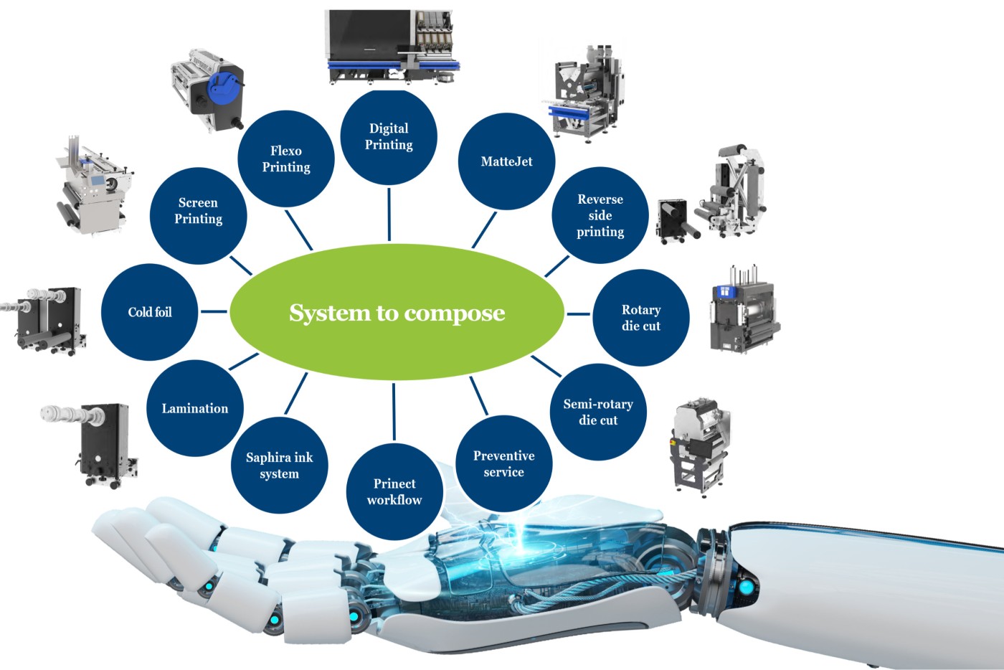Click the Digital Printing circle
(389, 137)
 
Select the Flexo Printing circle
(286, 159)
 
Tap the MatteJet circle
(506, 161)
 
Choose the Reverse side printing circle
(600, 215)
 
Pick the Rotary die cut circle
(641, 318)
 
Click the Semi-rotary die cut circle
(598, 412)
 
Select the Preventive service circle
(503, 463)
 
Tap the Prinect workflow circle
(394, 491)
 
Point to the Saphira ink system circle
(279, 465)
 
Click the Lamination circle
(195, 408)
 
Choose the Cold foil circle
(150, 312)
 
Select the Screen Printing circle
(198, 216)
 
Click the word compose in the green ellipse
(455, 313)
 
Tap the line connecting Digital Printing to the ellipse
(389, 214)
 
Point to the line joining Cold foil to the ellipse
(214, 311)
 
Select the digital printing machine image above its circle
(393, 47)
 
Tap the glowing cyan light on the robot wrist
(747, 587)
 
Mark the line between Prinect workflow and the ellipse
(394, 412)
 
